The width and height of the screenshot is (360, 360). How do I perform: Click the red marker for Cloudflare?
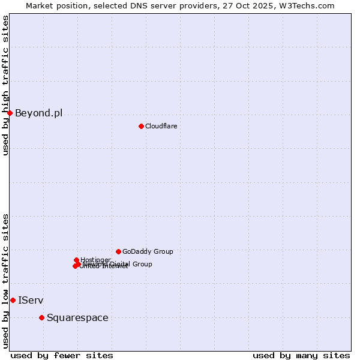tap(141, 126)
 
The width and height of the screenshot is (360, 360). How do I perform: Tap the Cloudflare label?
tap(161, 126)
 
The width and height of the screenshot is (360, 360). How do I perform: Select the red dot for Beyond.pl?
tap(10, 113)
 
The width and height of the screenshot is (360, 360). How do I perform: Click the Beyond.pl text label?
tap(38, 113)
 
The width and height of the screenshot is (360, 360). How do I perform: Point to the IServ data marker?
tap(13, 300)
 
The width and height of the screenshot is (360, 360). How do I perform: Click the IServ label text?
tap(31, 300)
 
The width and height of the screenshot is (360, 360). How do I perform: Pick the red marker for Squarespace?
tap(41, 317)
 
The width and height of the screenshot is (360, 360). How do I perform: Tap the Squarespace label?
tap(77, 317)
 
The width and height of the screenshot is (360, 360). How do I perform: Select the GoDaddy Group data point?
tap(118, 251)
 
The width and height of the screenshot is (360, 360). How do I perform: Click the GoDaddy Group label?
tap(148, 251)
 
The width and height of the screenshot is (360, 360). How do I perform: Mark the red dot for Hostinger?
tap(76, 260)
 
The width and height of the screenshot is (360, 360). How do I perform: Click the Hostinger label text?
tap(95, 260)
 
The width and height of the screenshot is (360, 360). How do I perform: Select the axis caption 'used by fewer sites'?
tap(62, 355)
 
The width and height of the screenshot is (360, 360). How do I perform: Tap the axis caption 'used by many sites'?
tap(301, 355)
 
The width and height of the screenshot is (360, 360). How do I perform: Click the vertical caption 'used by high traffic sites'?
tap(6, 85)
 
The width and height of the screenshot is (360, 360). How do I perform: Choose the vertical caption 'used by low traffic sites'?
tap(6, 281)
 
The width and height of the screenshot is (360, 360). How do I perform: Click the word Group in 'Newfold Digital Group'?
tap(142, 264)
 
